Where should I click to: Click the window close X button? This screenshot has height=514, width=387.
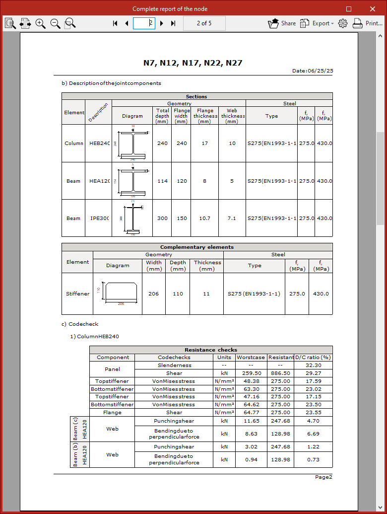373,9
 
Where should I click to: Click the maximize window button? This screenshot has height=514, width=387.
349,9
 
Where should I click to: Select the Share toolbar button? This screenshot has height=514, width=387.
282,23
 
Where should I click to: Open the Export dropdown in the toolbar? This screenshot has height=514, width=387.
317,23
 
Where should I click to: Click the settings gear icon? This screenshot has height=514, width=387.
343,23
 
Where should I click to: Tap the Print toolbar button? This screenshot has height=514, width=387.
367,23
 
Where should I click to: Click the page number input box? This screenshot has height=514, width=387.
144,23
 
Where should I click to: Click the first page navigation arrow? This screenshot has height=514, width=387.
115,23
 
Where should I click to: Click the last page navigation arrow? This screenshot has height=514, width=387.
173,23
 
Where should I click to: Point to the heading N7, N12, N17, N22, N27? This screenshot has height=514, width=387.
193,63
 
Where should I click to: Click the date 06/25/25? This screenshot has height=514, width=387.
320,71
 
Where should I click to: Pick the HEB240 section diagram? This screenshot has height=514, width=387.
132,144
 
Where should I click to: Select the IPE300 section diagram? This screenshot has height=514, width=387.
132,218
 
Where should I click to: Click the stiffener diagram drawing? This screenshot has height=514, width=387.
118,294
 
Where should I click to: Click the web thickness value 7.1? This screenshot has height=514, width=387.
232,219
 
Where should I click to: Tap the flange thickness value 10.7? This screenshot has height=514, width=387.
204,219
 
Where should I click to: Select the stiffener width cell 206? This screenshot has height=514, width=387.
153,294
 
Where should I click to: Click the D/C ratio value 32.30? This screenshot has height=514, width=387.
314,365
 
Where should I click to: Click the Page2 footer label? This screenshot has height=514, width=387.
323,477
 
